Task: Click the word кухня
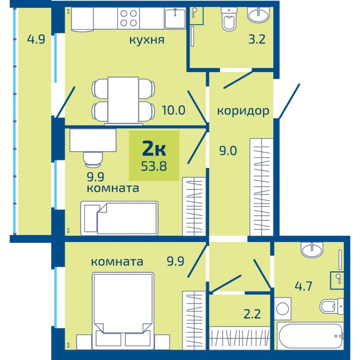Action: coord(147,40)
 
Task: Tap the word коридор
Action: coord(243,111)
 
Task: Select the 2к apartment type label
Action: coord(154,148)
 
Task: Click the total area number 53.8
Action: coord(154,166)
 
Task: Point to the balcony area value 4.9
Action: coord(36,39)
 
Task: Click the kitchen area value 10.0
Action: coord(173,110)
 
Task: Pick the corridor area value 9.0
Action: coord(228,151)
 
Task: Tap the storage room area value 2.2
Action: coord(252,314)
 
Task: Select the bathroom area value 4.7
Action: coord(303,286)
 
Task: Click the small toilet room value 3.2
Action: coord(257,39)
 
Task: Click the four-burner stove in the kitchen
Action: coord(129,18)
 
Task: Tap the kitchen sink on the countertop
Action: coord(175,18)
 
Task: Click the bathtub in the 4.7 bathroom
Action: coord(310,336)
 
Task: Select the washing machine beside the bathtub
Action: coord(283,308)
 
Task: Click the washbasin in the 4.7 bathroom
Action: coord(312,250)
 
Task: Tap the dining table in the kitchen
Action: coord(123,100)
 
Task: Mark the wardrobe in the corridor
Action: coord(261,187)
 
